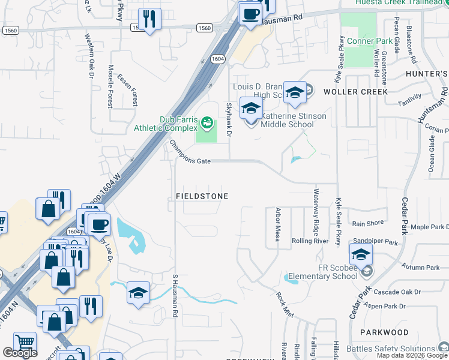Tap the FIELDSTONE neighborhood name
tap(203, 196)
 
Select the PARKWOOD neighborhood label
tap(384, 332)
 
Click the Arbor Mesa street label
tap(278, 225)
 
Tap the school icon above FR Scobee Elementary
tap(360, 256)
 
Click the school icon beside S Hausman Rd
tap(139, 293)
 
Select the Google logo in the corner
tap(20, 353)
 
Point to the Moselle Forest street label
tap(110, 87)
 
